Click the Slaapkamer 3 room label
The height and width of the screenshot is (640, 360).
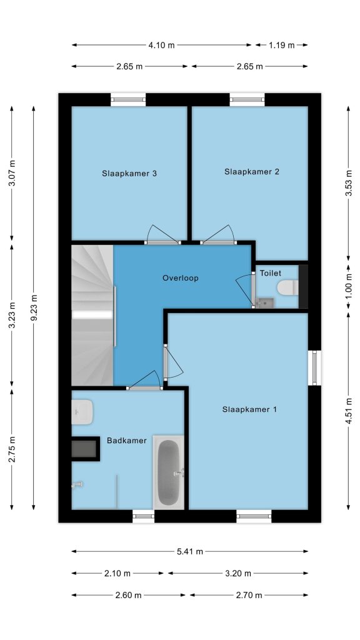point(129,174)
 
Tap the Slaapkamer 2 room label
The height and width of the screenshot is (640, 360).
point(252,172)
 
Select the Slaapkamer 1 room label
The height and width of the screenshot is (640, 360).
point(249,409)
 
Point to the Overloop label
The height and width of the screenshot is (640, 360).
point(181,278)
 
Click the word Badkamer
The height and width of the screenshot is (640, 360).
point(126,441)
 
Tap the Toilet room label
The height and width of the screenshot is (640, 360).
point(271,272)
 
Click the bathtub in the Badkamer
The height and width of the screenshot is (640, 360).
point(169,472)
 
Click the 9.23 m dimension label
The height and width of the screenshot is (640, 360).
point(34,307)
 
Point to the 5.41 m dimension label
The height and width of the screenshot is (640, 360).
point(190,551)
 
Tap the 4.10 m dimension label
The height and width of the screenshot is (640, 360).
point(161,45)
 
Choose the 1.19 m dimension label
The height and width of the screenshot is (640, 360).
point(281,45)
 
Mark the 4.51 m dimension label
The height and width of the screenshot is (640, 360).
point(349,411)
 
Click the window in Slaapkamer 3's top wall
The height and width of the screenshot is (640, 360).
point(128,99)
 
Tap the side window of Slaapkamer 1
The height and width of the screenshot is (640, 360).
point(315,367)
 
